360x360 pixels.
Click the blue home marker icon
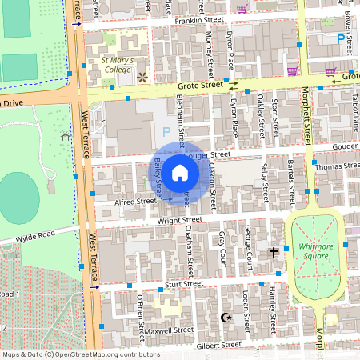tap(180, 173)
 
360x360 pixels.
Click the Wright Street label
tap(180, 218)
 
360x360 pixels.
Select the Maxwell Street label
tap(169, 329)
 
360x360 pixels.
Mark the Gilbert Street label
tap(218, 344)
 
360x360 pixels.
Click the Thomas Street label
tap(338, 166)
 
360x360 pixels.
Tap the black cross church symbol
tap(273, 253)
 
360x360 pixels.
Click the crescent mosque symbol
tap(225, 318)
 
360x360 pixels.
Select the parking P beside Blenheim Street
tap(166, 130)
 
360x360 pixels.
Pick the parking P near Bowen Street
tap(341, 38)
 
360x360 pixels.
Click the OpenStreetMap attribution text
tap(81, 354)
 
